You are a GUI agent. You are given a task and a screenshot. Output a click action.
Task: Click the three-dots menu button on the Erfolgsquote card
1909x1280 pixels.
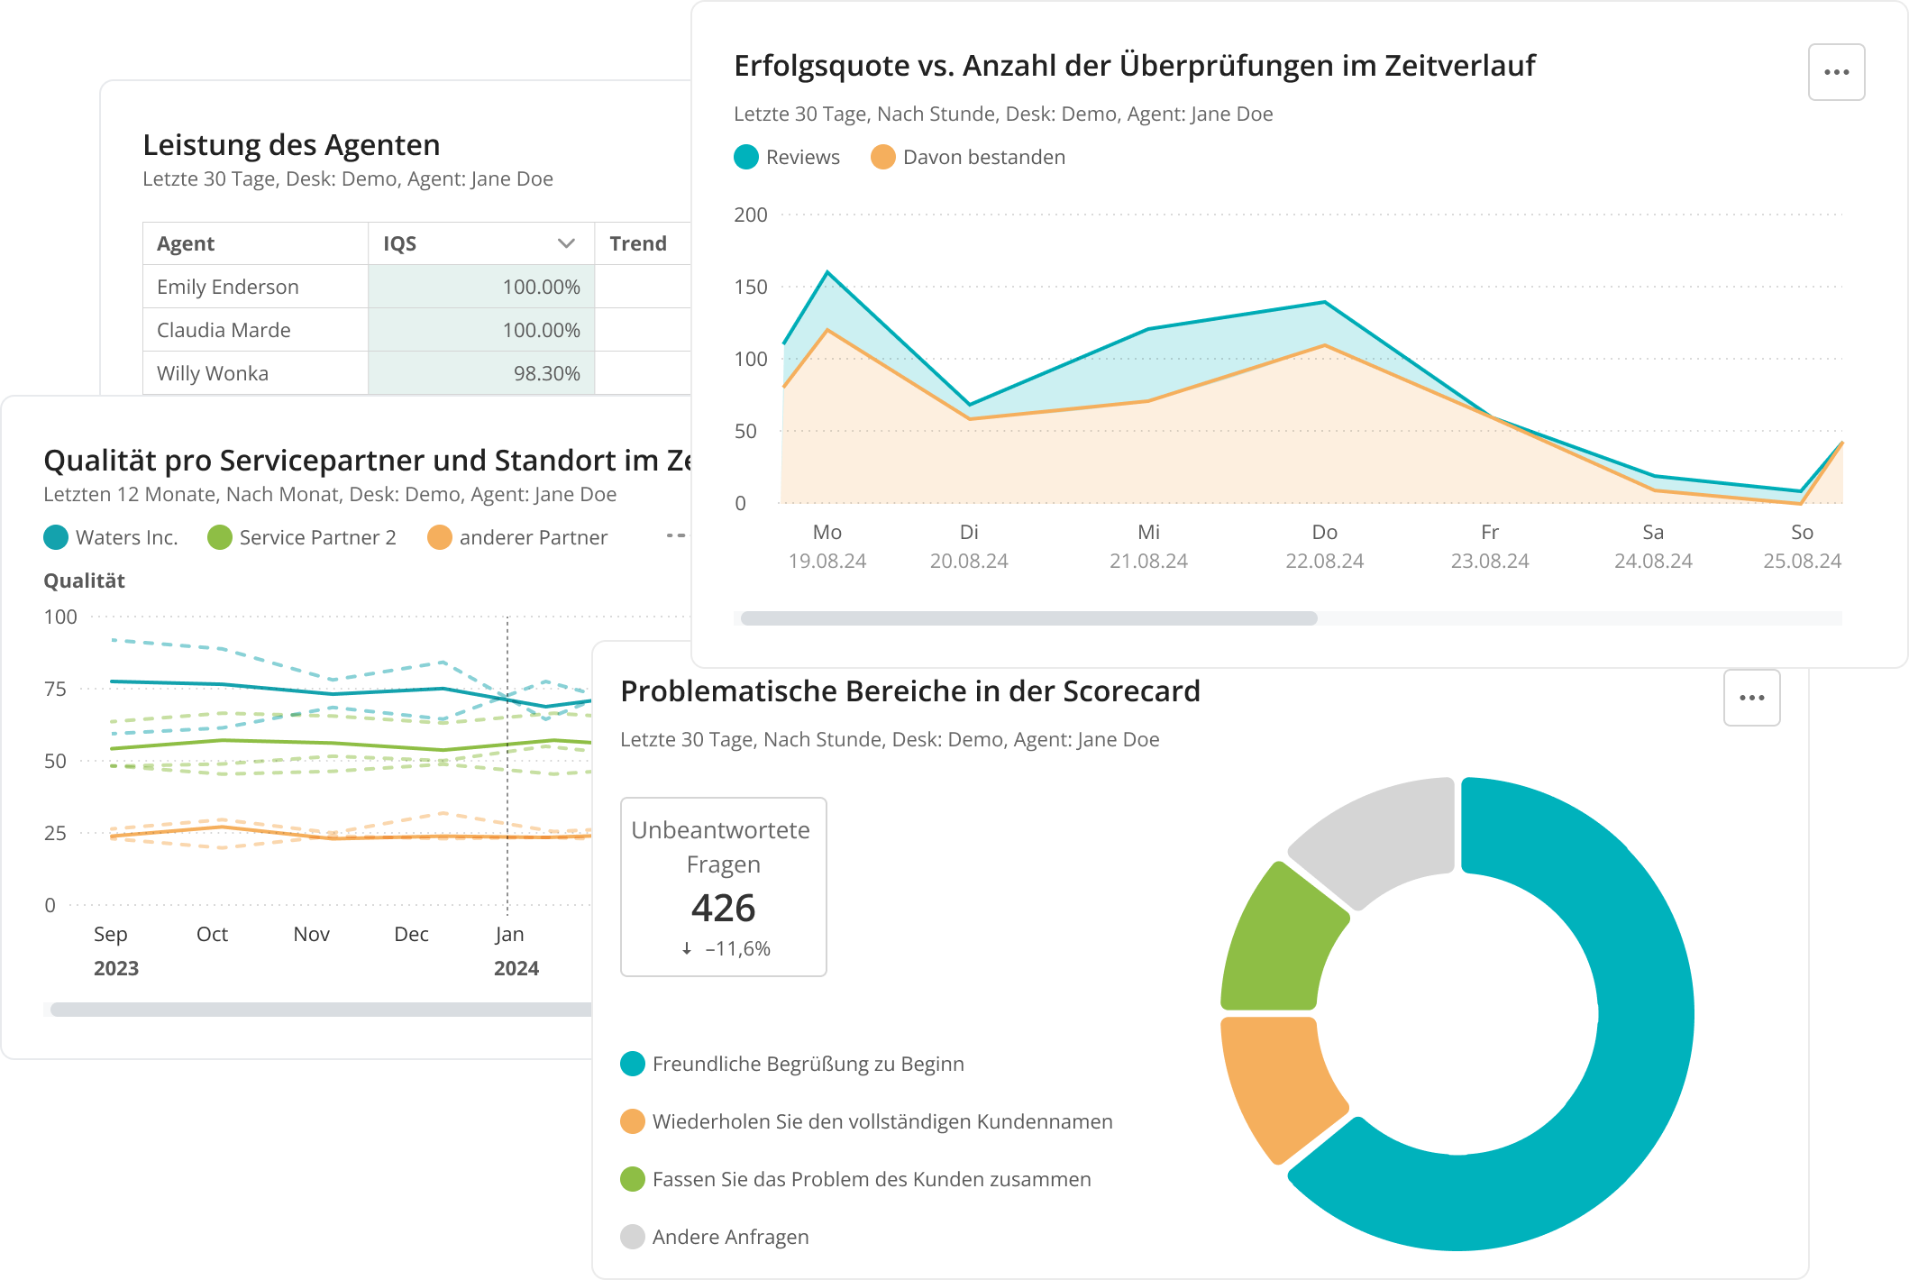tap(1836, 72)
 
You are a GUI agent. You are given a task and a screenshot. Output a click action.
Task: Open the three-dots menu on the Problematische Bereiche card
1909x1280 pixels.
tap(1751, 698)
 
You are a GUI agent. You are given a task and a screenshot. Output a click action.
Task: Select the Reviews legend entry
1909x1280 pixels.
tap(787, 158)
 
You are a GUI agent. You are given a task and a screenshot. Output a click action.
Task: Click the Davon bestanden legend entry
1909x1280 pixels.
tap(968, 158)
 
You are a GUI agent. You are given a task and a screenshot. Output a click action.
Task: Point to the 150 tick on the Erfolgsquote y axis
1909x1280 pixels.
tap(750, 288)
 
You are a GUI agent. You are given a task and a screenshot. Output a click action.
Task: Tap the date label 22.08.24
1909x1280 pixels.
tap(1324, 562)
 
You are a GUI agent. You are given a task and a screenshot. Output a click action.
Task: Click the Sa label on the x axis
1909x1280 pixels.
tap(1652, 533)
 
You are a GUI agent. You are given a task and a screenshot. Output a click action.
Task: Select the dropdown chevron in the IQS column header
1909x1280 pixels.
tap(566, 243)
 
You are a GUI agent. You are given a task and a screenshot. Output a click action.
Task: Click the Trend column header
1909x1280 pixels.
tap(637, 243)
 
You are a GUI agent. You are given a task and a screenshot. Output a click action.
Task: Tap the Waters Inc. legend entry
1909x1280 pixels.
tap(111, 538)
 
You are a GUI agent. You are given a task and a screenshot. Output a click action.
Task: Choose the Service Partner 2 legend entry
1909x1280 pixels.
tap(302, 538)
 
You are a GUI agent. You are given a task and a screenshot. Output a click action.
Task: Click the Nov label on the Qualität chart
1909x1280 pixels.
tap(311, 935)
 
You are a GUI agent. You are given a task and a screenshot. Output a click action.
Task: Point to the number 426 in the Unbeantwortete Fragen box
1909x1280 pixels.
tap(723, 908)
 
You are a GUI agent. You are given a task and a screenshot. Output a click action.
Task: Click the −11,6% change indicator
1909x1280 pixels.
tap(726, 949)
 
